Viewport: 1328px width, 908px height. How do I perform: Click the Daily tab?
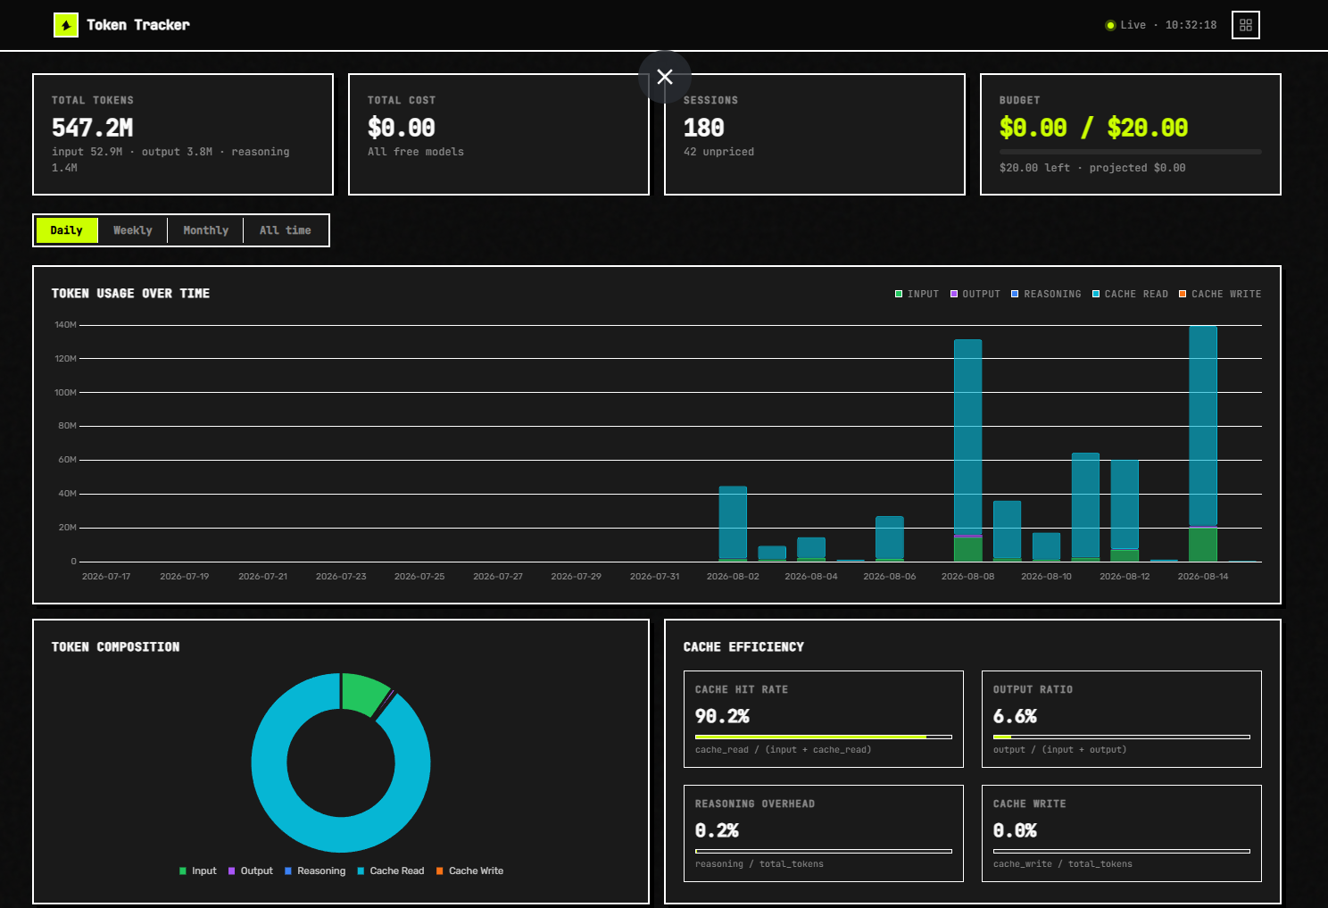(66, 230)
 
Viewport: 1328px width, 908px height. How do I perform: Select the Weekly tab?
(133, 230)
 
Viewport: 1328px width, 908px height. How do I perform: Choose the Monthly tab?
(206, 230)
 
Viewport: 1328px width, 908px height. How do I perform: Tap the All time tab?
(286, 230)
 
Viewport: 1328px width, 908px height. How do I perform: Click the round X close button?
(665, 77)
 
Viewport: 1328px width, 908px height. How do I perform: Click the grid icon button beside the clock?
(1246, 25)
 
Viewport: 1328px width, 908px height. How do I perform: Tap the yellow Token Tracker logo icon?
(66, 25)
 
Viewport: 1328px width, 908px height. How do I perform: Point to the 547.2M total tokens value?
(93, 128)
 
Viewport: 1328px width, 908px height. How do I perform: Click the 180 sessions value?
(704, 128)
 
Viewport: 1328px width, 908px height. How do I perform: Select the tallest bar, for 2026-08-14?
(1203, 443)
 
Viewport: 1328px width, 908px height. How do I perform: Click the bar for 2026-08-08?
(967, 450)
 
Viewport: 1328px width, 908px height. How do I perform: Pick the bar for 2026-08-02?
(733, 524)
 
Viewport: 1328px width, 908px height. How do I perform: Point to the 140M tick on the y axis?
(66, 325)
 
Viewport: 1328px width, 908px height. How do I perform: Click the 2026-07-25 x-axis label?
(419, 577)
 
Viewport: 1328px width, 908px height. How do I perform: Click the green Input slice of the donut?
(364, 694)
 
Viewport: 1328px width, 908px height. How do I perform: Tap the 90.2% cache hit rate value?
(722, 716)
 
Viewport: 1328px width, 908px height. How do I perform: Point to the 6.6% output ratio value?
(1015, 716)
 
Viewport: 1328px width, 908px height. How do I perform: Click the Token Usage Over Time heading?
(130, 294)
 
